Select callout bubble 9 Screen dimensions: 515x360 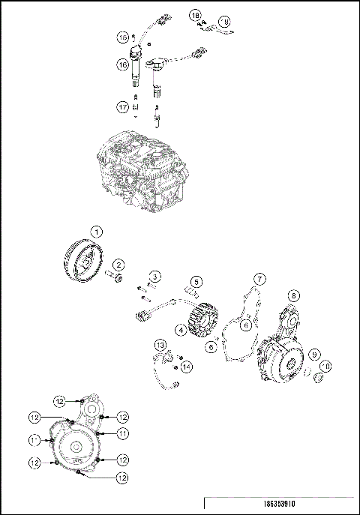(x=316, y=354)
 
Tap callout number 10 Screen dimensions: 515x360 (x=327, y=367)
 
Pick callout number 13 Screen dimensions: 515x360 (x=160, y=344)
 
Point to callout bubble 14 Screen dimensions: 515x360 (x=187, y=365)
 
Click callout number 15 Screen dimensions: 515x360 (x=121, y=36)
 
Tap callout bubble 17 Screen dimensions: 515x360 (x=121, y=108)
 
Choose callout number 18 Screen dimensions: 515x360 (x=195, y=15)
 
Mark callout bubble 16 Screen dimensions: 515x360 (x=121, y=65)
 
